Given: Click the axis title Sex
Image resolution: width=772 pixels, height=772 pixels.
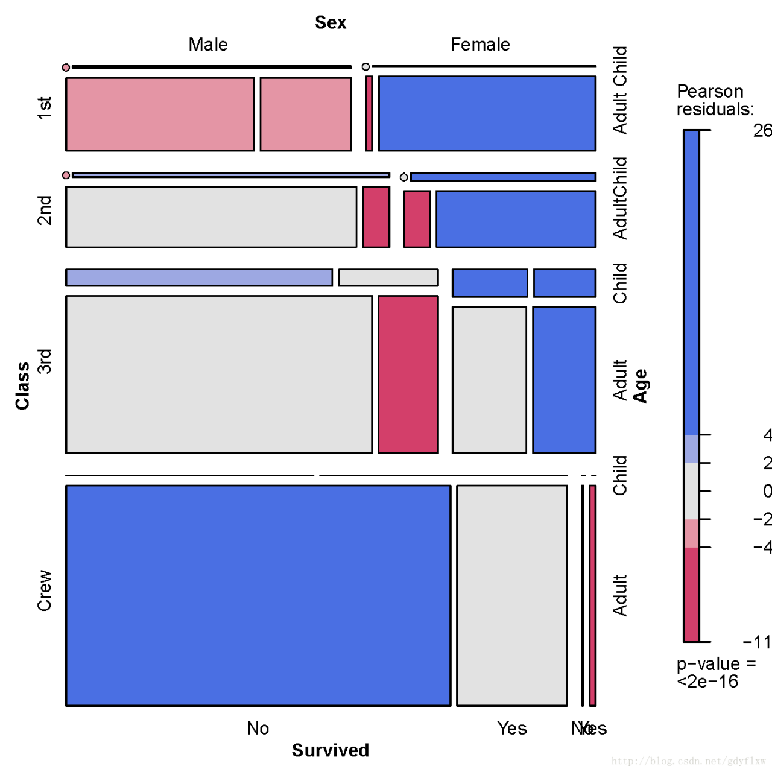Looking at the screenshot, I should click(x=331, y=23).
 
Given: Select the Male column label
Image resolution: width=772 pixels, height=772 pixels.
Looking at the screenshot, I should click(x=208, y=45).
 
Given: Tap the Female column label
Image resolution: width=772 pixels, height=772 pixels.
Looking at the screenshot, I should click(x=480, y=45).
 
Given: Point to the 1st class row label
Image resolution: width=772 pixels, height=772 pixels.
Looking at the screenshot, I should click(x=45, y=108).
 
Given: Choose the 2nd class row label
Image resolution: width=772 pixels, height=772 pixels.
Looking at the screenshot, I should click(x=45, y=210).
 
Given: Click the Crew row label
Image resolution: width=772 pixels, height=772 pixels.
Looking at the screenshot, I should click(x=45, y=590).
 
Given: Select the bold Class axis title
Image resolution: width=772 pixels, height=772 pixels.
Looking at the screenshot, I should click(x=23, y=386).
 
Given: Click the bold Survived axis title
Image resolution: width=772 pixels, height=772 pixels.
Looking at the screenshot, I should click(x=331, y=750).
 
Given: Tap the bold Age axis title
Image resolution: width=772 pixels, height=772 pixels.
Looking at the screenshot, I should click(x=640, y=386).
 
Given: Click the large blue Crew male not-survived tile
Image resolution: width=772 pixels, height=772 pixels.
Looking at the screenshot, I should click(x=258, y=595).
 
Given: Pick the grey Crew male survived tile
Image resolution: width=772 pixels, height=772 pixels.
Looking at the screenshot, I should click(x=512, y=595).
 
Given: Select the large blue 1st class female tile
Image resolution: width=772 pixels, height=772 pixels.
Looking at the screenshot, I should click(x=487, y=113).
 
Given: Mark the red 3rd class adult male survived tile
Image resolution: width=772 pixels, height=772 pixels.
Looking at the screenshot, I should click(x=408, y=374).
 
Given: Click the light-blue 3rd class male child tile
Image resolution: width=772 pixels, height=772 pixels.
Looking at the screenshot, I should click(x=199, y=277).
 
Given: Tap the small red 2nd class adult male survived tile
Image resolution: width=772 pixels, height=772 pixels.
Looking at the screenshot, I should click(x=376, y=217).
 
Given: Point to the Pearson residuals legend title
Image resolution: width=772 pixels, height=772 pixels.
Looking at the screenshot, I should click(x=715, y=100).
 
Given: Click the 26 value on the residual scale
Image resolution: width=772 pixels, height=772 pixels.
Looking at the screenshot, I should click(x=762, y=131).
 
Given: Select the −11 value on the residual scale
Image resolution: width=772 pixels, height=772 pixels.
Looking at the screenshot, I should click(x=758, y=642).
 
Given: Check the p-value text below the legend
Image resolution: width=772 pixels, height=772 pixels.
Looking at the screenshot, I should click(x=716, y=672).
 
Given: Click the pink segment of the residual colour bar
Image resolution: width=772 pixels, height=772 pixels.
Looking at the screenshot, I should click(x=691, y=533).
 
